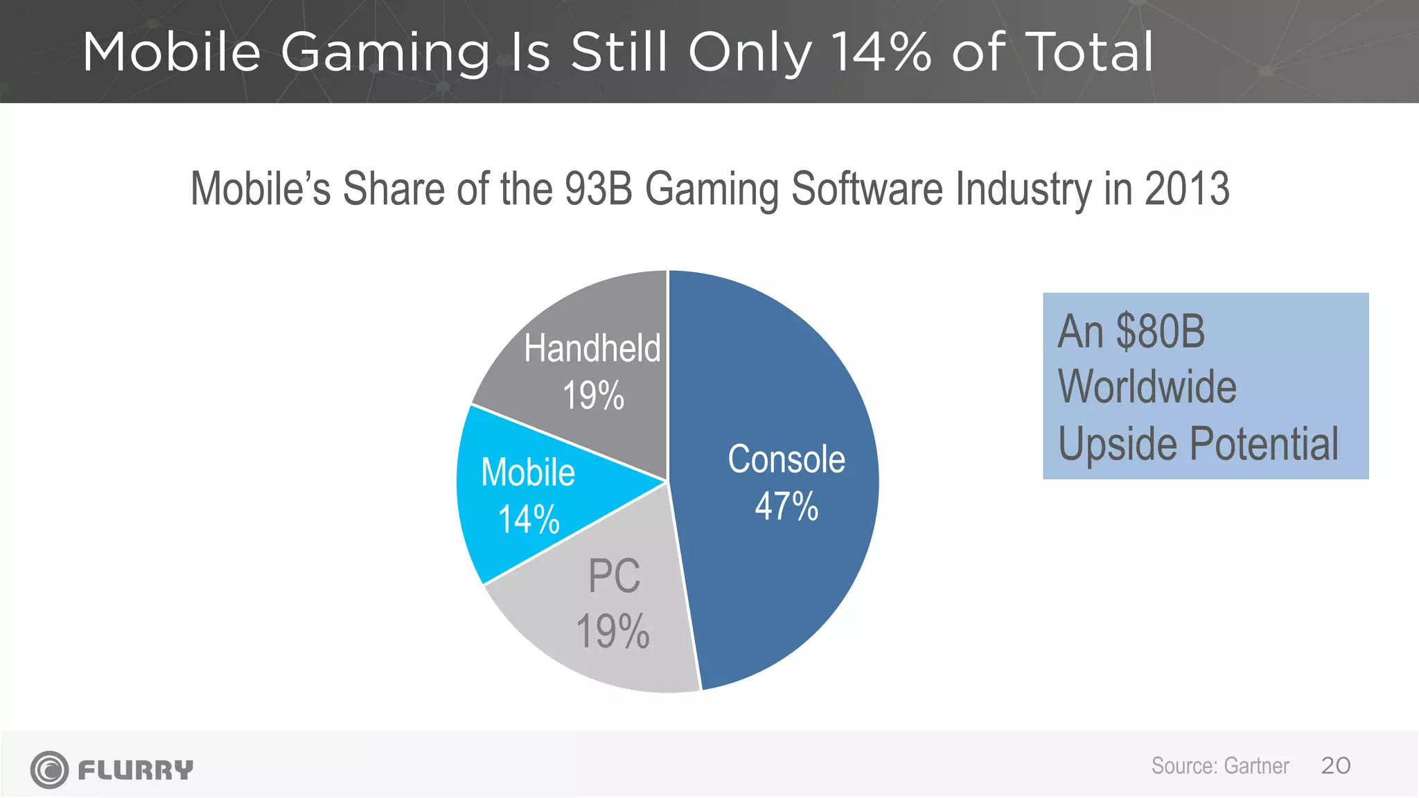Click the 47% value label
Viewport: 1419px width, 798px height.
(x=786, y=506)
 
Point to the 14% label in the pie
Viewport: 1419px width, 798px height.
(x=529, y=520)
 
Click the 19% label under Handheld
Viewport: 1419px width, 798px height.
(x=593, y=396)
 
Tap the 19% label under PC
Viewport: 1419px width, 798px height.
(x=612, y=632)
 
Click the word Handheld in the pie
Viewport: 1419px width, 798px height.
(x=592, y=348)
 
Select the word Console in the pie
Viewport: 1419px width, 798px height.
(x=786, y=459)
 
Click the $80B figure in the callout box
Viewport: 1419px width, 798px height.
(x=1161, y=332)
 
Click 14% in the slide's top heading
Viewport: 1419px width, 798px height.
(x=880, y=52)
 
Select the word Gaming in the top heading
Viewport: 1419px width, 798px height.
(x=385, y=53)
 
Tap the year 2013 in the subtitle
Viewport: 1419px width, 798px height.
(x=1187, y=188)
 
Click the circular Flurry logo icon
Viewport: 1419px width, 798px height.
(x=49, y=770)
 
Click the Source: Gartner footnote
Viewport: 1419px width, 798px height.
(x=1219, y=766)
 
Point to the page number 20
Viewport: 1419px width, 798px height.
(x=1335, y=766)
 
